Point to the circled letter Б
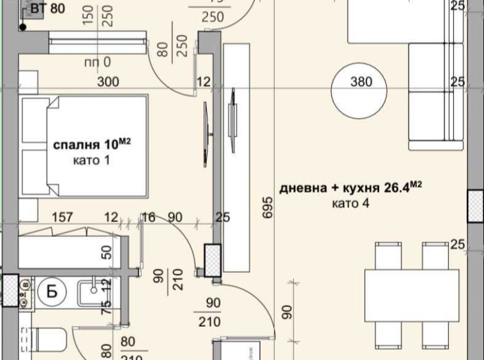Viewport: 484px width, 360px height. point(53,292)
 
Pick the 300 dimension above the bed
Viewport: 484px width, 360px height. point(109,82)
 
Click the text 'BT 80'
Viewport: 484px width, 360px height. point(49,9)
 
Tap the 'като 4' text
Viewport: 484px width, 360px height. point(351,204)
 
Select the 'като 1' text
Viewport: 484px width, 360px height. point(91,161)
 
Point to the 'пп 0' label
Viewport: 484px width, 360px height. point(97,63)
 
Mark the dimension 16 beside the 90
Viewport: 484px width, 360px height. point(149,218)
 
